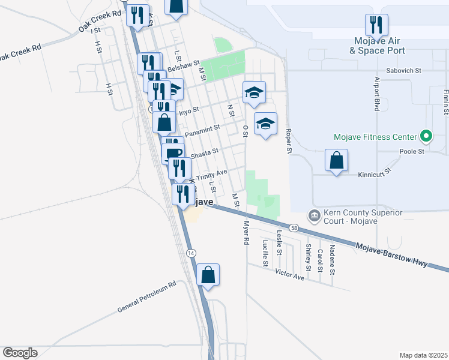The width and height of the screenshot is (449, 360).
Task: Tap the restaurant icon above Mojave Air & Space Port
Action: pyautogui.click(x=376, y=25)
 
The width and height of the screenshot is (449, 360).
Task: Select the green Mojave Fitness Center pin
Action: pyautogui.click(x=427, y=137)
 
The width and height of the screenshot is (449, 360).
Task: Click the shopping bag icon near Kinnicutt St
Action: pyautogui.click(x=337, y=160)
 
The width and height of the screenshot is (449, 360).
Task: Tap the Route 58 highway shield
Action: pyautogui.click(x=294, y=228)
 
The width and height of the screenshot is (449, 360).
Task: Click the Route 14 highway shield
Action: pyautogui.click(x=190, y=253)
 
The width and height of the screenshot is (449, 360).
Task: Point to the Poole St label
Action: pyautogui.click(x=412, y=152)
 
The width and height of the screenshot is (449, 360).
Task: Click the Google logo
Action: pyautogui.click(x=20, y=353)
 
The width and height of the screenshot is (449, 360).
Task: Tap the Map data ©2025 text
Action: pyautogui.click(x=423, y=355)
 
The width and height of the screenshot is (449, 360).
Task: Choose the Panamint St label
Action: pyautogui.click(x=203, y=130)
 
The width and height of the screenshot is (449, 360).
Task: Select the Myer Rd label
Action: pyautogui.click(x=246, y=233)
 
